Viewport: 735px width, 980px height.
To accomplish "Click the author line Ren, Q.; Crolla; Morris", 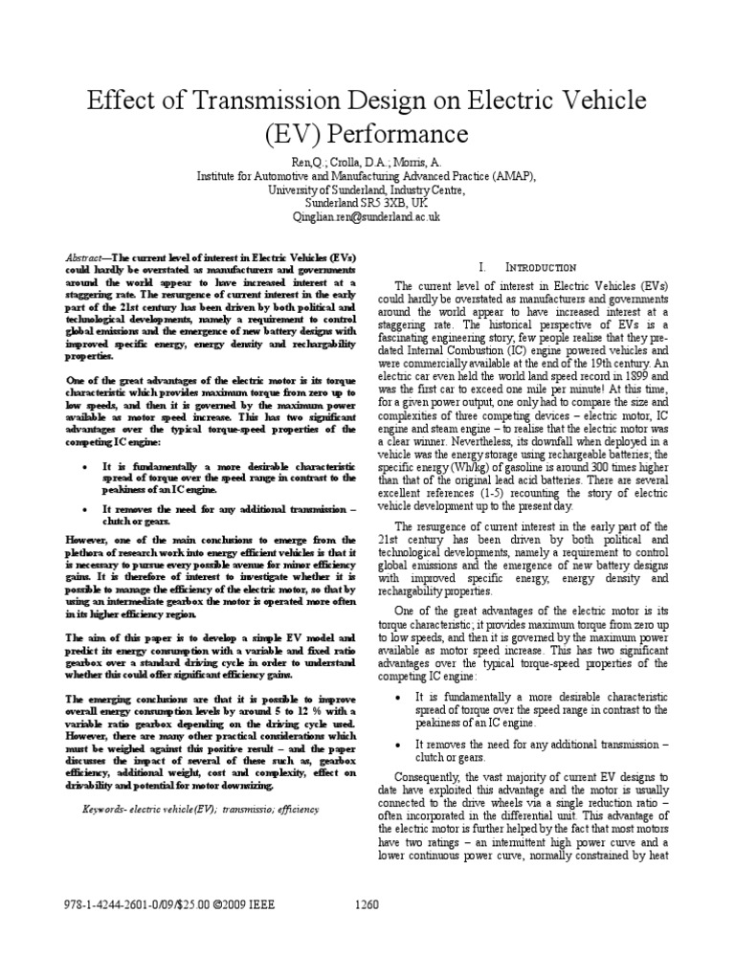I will click(x=367, y=164).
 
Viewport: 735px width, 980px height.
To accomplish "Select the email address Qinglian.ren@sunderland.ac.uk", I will click(x=367, y=217).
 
